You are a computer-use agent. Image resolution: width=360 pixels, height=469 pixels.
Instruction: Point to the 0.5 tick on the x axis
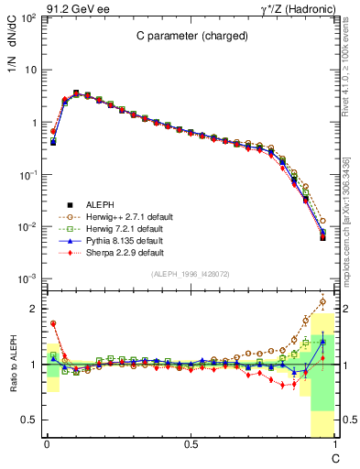pyautogui.click(x=191, y=444)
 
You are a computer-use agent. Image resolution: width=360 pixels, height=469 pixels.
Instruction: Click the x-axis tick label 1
pyautogui.click(x=335, y=444)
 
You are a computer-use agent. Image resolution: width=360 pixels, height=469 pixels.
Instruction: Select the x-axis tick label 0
pyautogui.click(x=47, y=444)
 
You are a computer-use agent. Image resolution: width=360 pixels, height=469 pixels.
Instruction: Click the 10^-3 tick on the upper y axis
pyautogui.click(x=29, y=278)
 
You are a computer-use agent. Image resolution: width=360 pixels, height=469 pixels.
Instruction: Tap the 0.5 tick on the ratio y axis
pyautogui.click(x=32, y=420)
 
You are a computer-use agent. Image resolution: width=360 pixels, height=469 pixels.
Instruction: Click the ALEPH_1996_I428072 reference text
pyautogui.click(x=191, y=274)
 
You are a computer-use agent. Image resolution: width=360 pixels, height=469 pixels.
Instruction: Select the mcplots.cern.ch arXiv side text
pyautogui.click(x=346, y=220)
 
